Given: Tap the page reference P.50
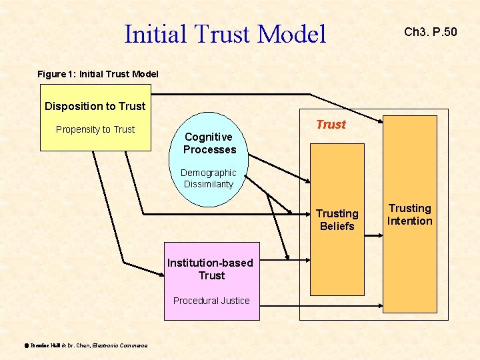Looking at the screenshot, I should click(445, 31).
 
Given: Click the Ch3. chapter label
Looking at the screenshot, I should click(417, 31).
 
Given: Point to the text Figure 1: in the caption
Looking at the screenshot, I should click(57, 74).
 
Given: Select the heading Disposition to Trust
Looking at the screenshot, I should click(95, 106).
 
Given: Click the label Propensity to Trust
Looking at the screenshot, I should click(95, 129).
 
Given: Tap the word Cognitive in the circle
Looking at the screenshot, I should click(209, 137).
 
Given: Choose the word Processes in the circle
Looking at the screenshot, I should click(209, 149).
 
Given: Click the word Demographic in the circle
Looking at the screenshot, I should click(209, 173).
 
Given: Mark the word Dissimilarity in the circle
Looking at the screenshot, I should click(209, 184).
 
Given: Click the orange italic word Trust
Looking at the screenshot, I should click(331, 125).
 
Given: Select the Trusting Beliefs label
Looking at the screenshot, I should click(337, 220).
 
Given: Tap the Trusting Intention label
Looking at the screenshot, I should click(410, 215).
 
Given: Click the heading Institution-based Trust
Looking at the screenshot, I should click(211, 269).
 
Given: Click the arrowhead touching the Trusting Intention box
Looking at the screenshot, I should click(382, 121).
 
